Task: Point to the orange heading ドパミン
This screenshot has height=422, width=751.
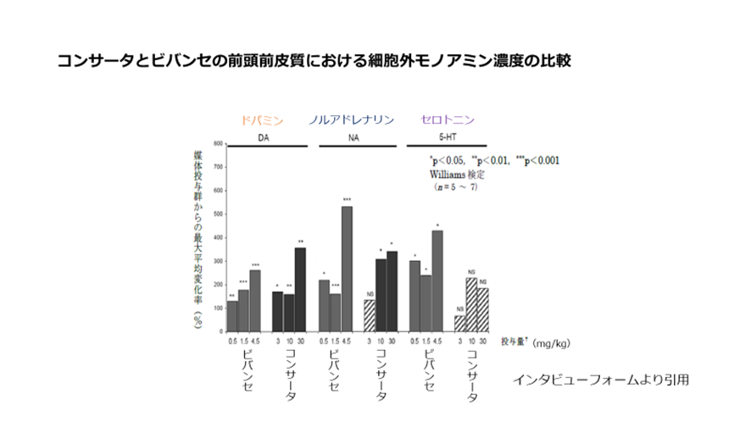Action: [262, 120]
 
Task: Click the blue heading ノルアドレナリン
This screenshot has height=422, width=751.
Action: [352, 120]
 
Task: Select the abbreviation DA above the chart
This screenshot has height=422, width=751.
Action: [264, 136]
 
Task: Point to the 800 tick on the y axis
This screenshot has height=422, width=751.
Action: [219, 144]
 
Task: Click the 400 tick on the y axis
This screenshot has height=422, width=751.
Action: [219, 236]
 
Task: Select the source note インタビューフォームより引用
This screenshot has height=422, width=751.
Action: [599, 379]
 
